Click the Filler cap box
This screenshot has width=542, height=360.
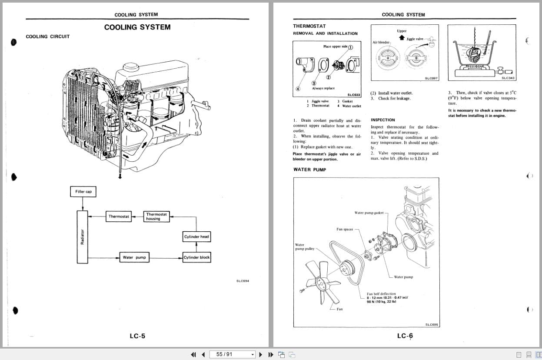point(83,192)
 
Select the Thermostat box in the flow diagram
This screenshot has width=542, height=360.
point(119,217)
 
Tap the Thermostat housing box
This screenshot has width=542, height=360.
point(156,217)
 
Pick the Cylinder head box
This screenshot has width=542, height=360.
point(196,237)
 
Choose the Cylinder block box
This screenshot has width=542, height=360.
point(196,257)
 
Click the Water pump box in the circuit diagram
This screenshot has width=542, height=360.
point(134,257)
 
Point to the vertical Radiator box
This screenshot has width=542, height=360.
point(83,237)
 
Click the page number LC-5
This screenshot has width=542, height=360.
point(137,336)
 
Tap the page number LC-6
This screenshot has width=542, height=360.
point(405,336)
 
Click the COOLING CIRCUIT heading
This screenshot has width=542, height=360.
point(47,37)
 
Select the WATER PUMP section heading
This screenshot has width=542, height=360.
point(309,170)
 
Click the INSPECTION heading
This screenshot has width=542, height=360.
point(382,120)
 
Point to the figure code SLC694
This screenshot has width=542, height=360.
point(243,281)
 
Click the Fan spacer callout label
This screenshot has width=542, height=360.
point(345,229)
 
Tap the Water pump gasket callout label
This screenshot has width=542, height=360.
point(369,213)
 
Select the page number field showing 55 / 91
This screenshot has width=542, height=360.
point(230,354)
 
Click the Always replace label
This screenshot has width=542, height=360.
point(323,88)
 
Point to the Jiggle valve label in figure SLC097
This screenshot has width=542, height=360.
point(415,39)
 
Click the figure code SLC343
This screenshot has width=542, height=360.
point(508,78)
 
